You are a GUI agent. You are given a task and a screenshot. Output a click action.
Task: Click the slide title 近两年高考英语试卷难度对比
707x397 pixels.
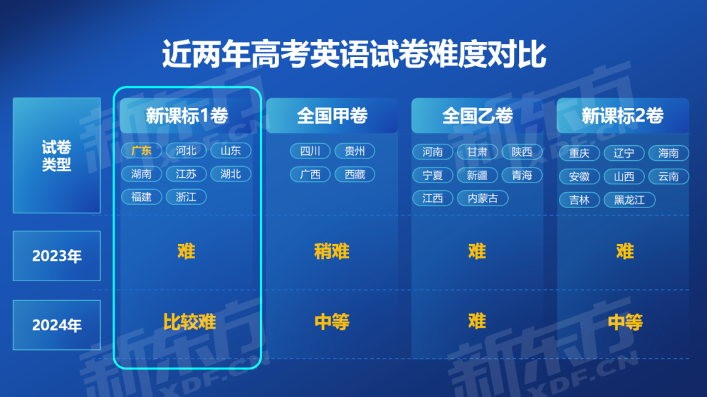pyautogui.click(x=354, y=54)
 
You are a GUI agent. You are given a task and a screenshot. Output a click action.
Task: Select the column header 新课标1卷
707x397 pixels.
pyautogui.click(x=187, y=116)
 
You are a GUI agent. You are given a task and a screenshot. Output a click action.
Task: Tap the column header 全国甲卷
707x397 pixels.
pyautogui.click(x=333, y=116)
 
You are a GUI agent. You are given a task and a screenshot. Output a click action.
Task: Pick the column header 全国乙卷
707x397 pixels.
pyautogui.click(x=477, y=116)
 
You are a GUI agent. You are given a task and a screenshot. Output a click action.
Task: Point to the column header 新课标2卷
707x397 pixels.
pyautogui.click(x=623, y=116)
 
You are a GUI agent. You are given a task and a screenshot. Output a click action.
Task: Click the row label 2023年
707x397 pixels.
pyautogui.click(x=57, y=256)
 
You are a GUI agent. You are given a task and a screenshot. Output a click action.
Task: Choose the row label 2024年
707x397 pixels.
pyautogui.click(x=57, y=325)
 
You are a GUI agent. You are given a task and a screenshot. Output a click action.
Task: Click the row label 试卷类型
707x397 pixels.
pyautogui.click(x=56, y=156)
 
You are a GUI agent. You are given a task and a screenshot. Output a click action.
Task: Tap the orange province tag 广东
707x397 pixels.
pyautogui.click(x=141, y=150)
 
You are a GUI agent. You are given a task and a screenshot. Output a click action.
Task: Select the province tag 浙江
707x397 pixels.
pyautogui.click(x=186, y=197)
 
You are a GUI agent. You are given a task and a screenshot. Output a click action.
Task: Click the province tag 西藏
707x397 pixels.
pyautogui.click(x=355, y=175)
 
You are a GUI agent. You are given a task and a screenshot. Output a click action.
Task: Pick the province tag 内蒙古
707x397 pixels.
pyautogui.click(x=482, y=198)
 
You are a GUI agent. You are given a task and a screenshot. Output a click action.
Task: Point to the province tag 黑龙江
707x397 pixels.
pyautogui.click(x=630, y=199)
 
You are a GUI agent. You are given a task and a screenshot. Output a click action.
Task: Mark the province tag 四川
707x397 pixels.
pyautogui.click(x=310, y=151)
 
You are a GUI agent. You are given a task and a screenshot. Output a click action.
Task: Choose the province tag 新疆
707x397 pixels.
pyautogui.click(x=477, y=175)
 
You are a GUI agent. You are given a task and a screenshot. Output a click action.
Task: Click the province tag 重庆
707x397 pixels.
pyautogui.click(x=579, y=153)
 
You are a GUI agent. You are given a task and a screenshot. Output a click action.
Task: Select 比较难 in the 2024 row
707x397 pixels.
pyautogui.click(x=189, y=322)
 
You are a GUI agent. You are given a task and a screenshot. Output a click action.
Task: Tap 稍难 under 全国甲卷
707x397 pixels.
pyautogui.click(x=332, y=251)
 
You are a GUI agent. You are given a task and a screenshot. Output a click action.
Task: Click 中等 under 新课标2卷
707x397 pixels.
pyautogui.click(x=625, y=322)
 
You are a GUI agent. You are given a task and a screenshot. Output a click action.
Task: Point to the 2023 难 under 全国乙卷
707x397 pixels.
pyautogui.click(x=477, y=251)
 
